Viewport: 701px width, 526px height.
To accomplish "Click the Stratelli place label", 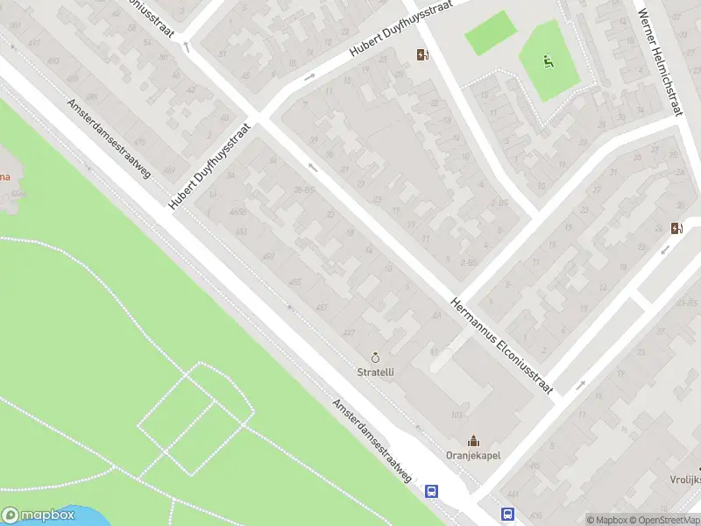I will [x=376, y=372].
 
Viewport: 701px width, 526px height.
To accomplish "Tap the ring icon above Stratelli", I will [x=376, y=358].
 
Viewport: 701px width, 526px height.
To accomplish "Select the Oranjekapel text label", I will [x=473, y=455].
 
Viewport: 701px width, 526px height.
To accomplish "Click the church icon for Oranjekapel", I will [x=473, y=440].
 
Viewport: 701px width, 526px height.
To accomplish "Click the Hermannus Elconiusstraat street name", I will [x=501, y=346].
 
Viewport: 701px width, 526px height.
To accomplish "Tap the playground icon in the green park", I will [x=548, y=61].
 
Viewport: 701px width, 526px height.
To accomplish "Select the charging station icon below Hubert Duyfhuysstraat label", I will [x=423, y=55].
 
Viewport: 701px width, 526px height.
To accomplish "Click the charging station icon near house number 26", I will [x=676, y=229].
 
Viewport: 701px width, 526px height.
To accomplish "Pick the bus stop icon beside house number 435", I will [x=507, y=515].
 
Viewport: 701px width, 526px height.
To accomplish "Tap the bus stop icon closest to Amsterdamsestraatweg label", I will [x=432, y=492].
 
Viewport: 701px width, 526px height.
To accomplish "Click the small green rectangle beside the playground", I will [x=490, y=33].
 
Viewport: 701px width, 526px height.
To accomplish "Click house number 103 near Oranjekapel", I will [x=456, y=415].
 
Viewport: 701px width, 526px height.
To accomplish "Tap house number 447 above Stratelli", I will [x=350, y=333].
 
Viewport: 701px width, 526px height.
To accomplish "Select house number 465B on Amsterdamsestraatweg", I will [x=237, y=212].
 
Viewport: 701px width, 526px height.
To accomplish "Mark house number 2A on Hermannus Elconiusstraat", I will [x=435, y=316].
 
